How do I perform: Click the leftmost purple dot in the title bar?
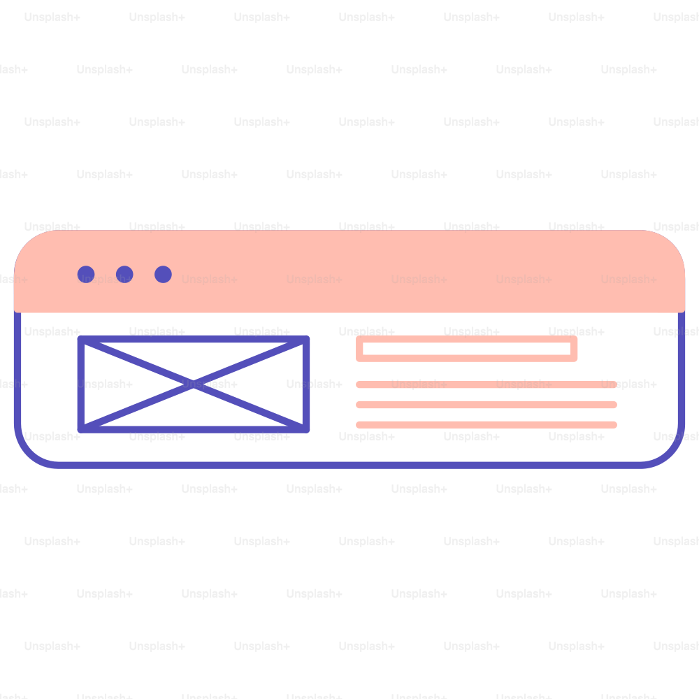point(86,274)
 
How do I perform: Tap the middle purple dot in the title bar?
point(124,274)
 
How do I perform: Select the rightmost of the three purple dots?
point(163,274)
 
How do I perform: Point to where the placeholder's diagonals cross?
point(194,384)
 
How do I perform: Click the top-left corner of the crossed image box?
point(80,339)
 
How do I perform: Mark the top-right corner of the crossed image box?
point(306,339)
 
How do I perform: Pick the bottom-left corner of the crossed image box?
point(80,430)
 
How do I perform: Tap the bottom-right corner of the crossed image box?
point(306,430)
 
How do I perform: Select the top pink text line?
point(487,384)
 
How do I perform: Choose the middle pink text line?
point(487,405)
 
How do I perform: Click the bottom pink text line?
point(487,425)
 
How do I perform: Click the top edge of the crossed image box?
point(194,339)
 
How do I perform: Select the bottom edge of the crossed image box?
point(194,430)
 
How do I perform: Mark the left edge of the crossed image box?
point(80,384)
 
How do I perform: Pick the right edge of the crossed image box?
point(306,384)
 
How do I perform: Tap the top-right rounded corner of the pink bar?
point(670,245)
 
